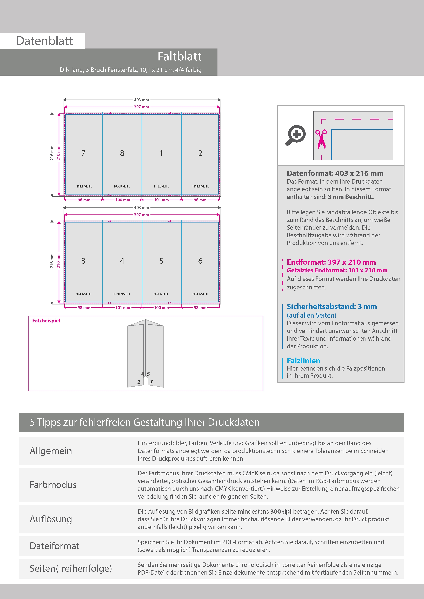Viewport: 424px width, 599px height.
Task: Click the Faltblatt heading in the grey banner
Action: tap(180, 56)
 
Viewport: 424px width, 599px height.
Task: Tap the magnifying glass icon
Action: tap(295, 135)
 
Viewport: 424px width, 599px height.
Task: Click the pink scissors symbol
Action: tap(321, 139)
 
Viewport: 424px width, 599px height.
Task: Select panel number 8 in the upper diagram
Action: tap(122, 153)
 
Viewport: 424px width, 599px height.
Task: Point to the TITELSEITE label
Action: tap(161, 186)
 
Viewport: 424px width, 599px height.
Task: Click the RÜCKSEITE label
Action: tap(122, 186)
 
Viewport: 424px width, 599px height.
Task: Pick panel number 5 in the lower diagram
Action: tap(161, 261)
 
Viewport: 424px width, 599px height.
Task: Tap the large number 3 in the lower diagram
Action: tap(83, 261)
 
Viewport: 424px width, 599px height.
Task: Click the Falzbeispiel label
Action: tap(46, 321)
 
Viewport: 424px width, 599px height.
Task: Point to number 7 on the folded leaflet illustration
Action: tap(151, 382)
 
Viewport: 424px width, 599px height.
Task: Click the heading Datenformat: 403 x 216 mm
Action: tap(335, 173)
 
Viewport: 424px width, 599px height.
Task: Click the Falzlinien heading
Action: tap(303, 361)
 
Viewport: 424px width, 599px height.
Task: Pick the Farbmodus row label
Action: tap(53, 485)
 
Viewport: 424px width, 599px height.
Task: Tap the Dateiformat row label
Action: tap(54, 546)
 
